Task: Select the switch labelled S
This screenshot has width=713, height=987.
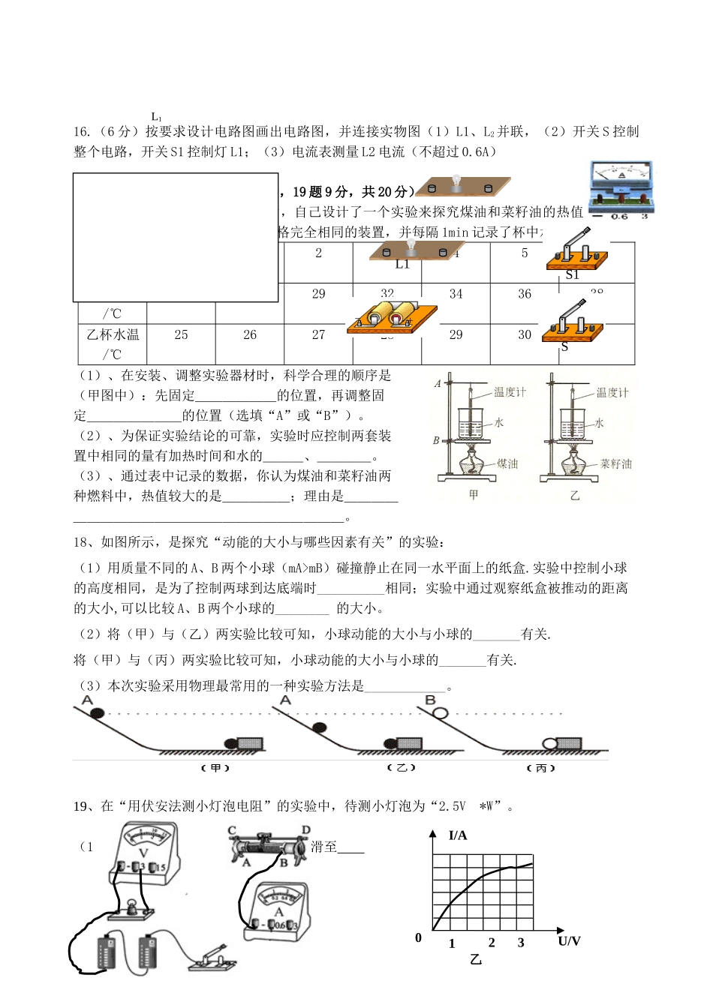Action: [x=575, y=323]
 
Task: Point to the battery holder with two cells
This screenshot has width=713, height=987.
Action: [x=392, y=316]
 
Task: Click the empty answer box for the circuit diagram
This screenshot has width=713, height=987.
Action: [x=176, y=237]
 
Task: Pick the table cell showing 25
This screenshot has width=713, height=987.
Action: [x=181, y=334]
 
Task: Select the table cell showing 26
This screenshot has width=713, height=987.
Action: [x=250, y=334]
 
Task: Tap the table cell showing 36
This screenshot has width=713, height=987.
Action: [x=525, y=294]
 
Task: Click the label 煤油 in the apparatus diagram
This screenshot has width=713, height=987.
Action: [x=507, y=464]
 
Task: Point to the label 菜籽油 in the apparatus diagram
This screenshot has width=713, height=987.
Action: [x=616, y=464]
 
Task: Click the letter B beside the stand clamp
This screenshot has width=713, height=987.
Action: [x=436, y=440]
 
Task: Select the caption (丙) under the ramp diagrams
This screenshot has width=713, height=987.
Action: [x=540, y=769]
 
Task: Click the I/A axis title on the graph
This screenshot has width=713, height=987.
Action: [x=458, y=835]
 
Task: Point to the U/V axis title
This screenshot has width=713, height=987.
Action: [x=570, y=940]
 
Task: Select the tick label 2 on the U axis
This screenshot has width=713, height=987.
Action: [x=492, y=943]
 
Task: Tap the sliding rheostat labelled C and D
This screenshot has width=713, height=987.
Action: [x=271, y=845]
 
